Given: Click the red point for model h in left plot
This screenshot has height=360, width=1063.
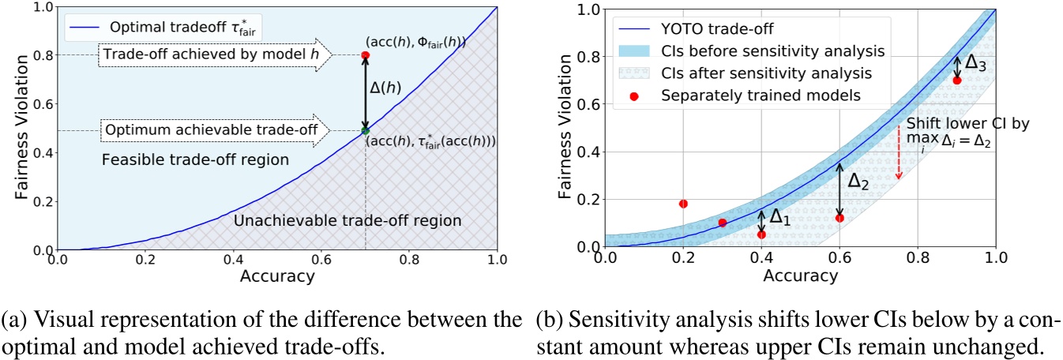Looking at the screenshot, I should coord(364,55).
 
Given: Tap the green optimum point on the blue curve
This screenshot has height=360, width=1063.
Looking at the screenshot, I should coord(364,130).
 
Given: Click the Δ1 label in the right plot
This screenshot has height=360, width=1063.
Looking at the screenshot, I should coord(778,217).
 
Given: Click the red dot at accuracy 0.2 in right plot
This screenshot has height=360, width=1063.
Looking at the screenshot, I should coord(683,204).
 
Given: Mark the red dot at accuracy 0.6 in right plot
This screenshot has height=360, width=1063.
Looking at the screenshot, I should coord(840,218).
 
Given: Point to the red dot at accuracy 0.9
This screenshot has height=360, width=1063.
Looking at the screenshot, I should coord(957,81).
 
